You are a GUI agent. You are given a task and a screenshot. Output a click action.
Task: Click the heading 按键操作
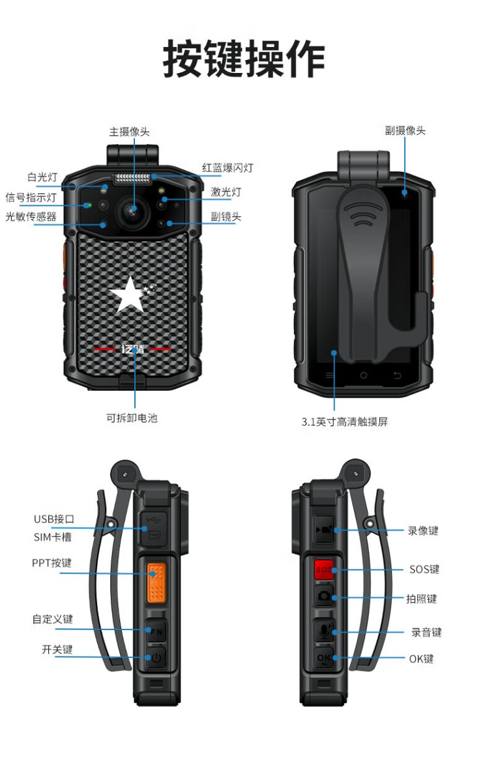244,59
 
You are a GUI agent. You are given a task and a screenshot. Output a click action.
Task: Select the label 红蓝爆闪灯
228,168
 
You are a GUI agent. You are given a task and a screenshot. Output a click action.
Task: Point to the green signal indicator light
87,205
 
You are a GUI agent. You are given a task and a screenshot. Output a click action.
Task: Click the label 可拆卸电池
132,418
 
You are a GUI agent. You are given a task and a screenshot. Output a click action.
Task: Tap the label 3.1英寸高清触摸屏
344,422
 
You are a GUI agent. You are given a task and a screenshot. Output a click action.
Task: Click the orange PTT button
156,582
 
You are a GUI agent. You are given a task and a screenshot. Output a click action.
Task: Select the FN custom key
156,631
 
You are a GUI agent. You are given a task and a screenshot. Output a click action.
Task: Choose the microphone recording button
324,631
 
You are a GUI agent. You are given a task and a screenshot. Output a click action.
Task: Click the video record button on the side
323,530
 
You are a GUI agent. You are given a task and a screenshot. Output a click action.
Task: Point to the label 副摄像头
406,130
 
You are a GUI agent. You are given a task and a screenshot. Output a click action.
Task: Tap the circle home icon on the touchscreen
363,375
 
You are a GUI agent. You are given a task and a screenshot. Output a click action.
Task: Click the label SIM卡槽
53,537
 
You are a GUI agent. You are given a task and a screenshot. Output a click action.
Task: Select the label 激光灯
226,192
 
